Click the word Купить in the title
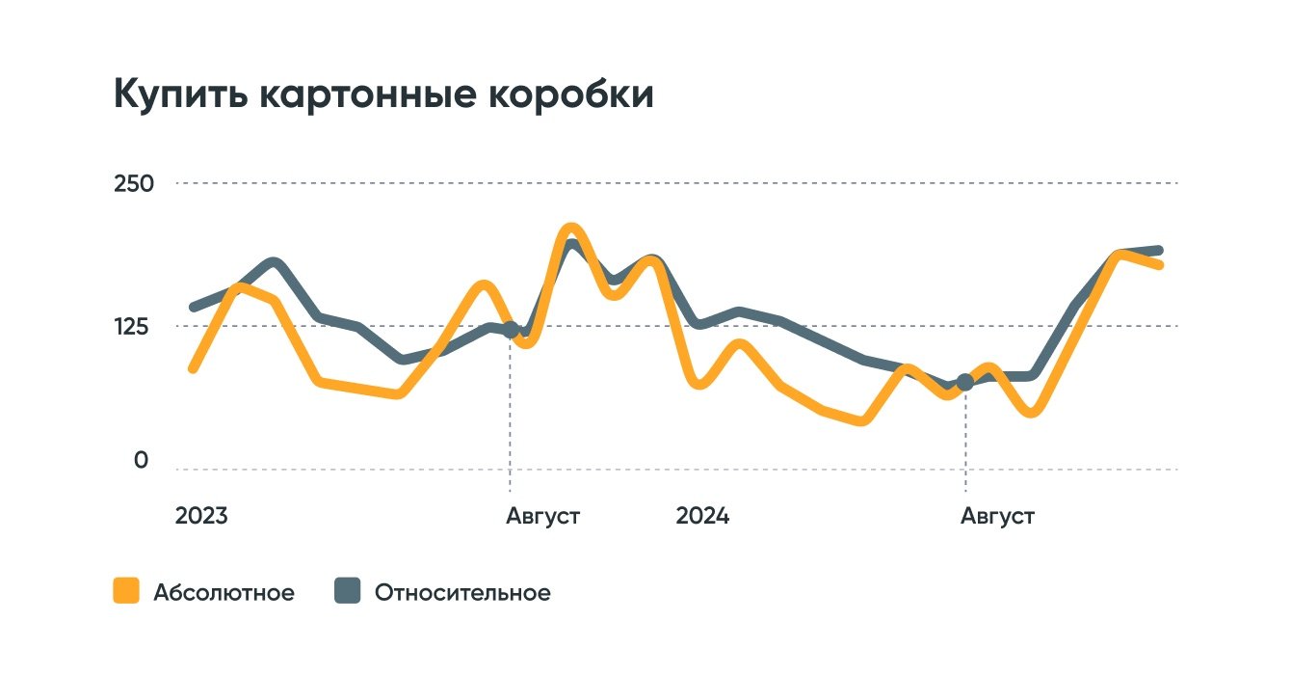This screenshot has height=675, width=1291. point(179,95)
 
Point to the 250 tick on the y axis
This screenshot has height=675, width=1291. point(134,183)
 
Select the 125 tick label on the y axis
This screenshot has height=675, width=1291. point(134,326)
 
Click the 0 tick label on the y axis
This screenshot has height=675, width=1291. point(142,461)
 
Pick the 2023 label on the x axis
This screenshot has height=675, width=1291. point(201,516)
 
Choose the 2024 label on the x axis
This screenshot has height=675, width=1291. point(702,516)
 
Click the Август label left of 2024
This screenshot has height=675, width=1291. point(543,516)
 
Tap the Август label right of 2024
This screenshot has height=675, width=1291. point(997,516)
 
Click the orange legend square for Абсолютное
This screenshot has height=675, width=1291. point(125,591)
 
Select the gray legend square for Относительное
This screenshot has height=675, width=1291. point(347,591)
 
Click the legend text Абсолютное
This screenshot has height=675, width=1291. point(224,592)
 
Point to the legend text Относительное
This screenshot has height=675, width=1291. point(462,592)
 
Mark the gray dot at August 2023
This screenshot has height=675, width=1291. point(511,330)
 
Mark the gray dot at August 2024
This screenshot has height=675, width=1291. point(964,383)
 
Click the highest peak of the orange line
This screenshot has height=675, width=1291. point(570,229)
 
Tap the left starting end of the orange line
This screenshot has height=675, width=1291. point(193,368)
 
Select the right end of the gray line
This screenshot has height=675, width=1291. point(1159,251)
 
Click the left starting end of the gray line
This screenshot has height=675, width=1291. point(194,308)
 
